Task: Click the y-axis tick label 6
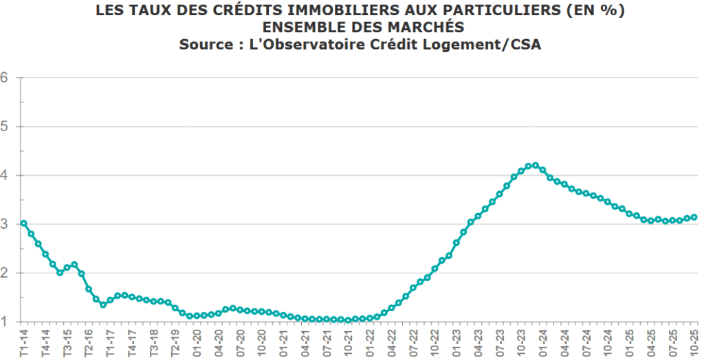point(3,77)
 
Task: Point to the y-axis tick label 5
point(3,126)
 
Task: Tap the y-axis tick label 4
point(3,175)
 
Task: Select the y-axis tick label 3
point(3,224)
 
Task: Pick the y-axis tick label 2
point(3,273)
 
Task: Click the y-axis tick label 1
point(3,322)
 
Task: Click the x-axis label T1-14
point(24,341)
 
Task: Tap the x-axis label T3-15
point(66,341)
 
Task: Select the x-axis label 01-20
point(197,341)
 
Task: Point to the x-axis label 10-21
point(349,341)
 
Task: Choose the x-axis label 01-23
point(456,341)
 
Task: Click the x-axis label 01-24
point(542,341)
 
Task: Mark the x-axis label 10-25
point(694,341)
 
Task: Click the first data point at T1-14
point(23,223)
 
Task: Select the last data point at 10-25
point(694,217)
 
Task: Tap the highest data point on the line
point(535,165)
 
